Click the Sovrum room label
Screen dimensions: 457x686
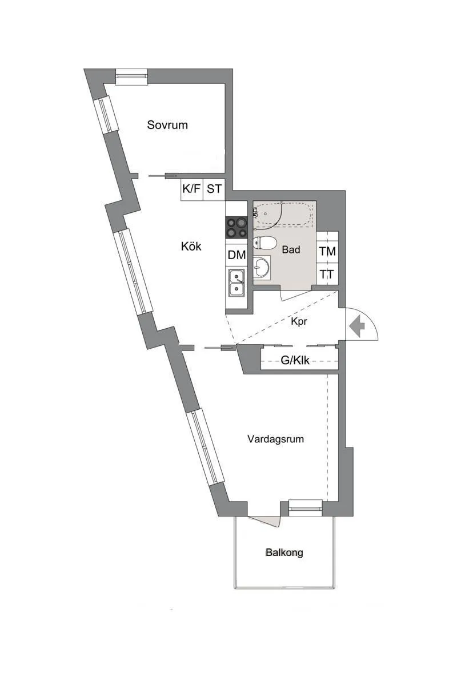point(167,125)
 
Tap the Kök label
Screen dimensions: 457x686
point(191,246)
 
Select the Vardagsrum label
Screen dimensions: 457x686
point(275,439)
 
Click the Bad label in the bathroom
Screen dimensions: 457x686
point(291,249)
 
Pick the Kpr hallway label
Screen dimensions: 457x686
point(299,321)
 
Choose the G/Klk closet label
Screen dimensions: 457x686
point(295,361)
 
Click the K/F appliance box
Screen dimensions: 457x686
point(192,189)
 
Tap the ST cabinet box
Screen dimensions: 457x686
point(214,189)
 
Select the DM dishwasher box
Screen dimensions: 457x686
point(236,255)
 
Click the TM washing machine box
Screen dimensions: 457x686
point(328,252)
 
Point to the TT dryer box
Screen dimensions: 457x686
point(327,274)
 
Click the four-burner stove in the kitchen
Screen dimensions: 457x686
point(236,228)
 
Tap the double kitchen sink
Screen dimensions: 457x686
point(236,283)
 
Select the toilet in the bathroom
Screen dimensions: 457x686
point(265,243)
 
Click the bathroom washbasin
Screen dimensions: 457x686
point(262,267)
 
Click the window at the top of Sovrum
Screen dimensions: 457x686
point(131,76)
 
